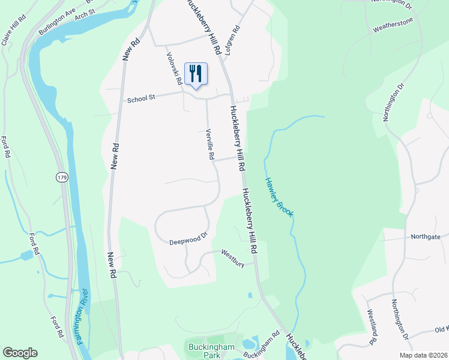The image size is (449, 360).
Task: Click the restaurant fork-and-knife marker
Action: coord(196,74)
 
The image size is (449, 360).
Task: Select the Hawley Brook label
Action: coord(278,197)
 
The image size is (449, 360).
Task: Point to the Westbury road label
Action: coord(233,257)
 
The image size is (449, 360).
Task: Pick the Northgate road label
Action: coord(426,236)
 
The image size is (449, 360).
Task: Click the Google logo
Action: coord(20,353)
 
